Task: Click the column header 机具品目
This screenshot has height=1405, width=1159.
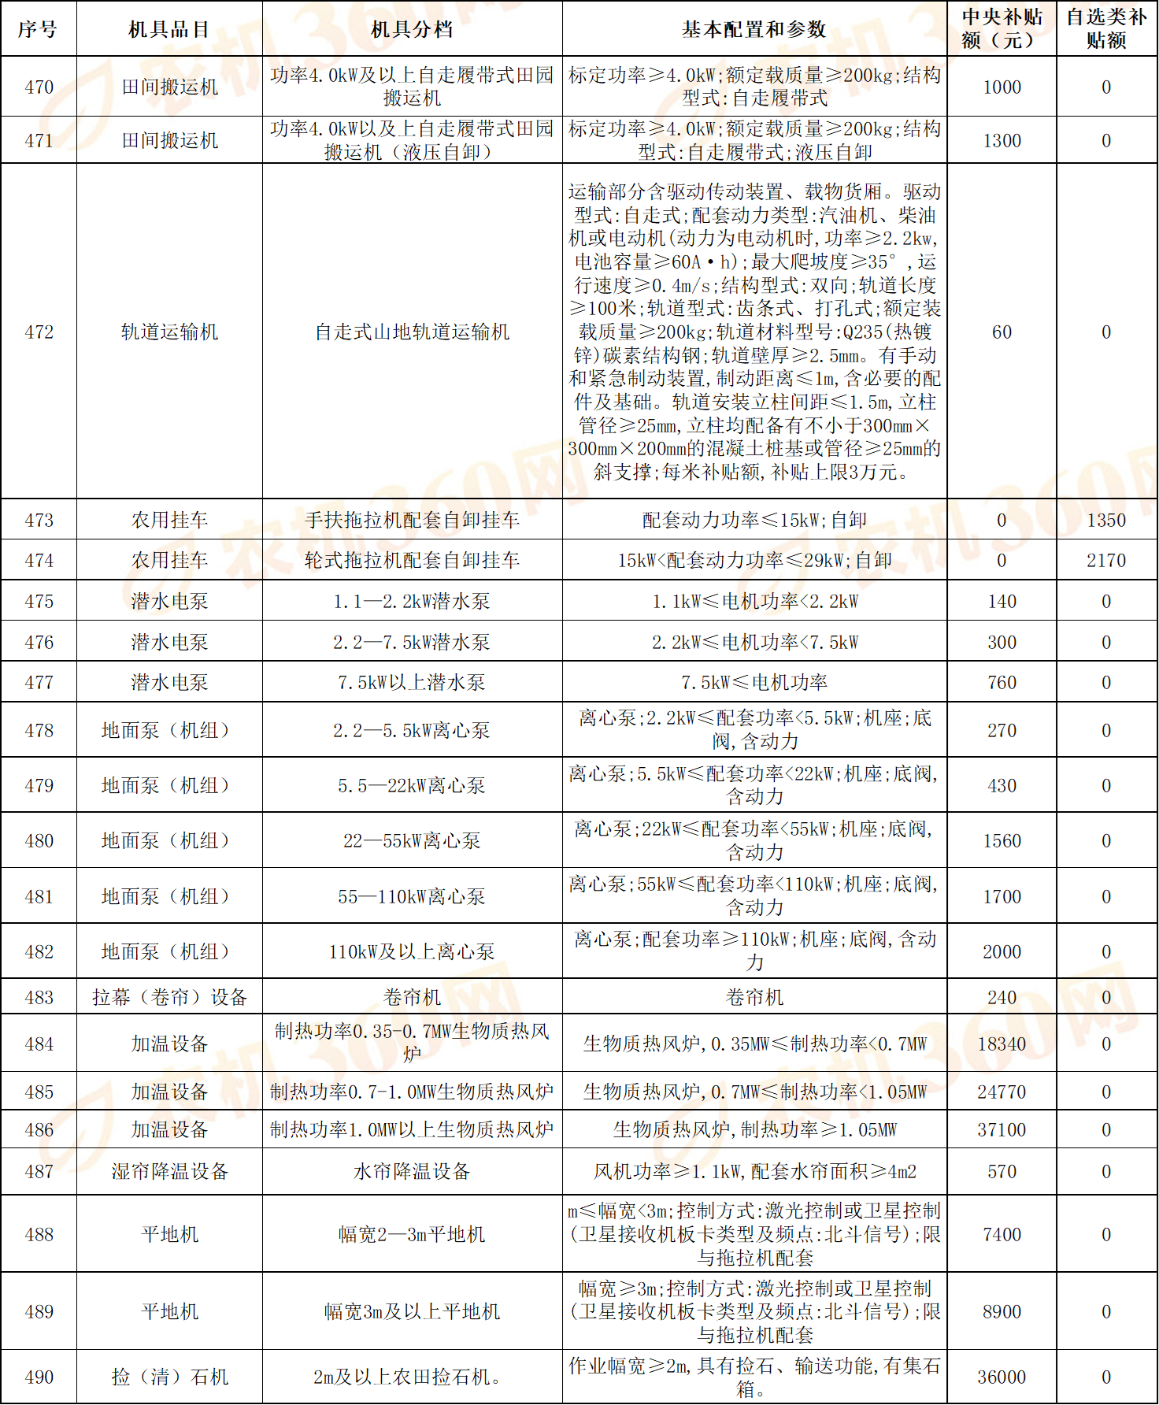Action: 169,29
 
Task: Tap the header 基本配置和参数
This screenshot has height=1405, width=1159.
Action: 754,29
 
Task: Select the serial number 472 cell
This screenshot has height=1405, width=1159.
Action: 39,332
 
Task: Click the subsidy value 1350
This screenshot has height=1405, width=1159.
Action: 1106,520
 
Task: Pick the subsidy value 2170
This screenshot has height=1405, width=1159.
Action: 1106,560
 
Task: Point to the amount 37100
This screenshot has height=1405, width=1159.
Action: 1002,1129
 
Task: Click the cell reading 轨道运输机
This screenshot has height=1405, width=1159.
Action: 169,332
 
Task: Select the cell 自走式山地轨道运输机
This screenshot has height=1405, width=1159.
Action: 412,332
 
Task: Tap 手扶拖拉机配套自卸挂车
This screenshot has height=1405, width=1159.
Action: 412,520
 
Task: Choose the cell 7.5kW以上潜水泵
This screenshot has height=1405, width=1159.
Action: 412,682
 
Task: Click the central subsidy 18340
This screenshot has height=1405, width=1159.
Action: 1002,1044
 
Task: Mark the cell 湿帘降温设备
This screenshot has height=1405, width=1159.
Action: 169,1171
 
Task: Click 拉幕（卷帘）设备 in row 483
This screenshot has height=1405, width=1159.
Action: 169,997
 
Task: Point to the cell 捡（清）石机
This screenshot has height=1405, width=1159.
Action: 169,1377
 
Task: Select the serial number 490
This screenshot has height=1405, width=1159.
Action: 39,1377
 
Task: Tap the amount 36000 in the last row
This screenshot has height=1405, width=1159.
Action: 1002,1377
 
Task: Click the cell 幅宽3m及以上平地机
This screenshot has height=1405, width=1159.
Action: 412,1311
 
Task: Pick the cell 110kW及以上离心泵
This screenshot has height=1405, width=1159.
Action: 412,951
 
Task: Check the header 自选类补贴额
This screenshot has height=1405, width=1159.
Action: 1106,29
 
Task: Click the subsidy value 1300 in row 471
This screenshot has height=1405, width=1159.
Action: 1002,140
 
